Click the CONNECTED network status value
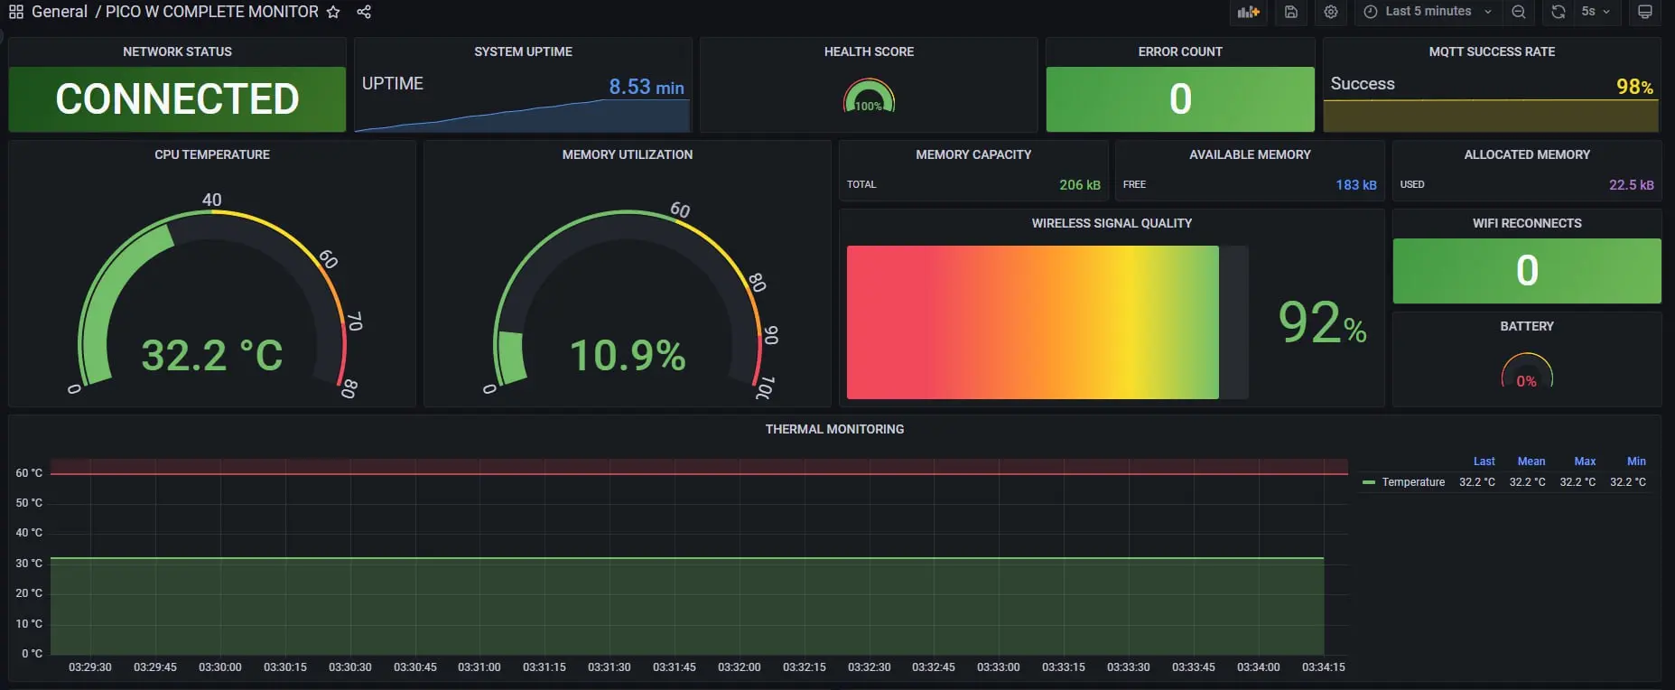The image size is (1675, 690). click(177, 99)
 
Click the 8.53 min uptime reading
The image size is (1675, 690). click(646, 87)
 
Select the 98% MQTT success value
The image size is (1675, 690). click(1634, 87)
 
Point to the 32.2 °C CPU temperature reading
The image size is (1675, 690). click(212, 355)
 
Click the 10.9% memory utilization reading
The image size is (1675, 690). click(628, 355)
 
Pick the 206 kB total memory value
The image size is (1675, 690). click(1079, 185)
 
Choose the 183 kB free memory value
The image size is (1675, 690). click(1355, 185)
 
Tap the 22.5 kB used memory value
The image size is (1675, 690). click(1631, 185)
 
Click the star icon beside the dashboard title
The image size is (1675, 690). click(333, 12)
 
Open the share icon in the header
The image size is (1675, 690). click(364, 12)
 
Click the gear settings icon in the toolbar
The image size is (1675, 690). click(1331, 12)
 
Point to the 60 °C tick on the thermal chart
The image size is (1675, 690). click(29, 473)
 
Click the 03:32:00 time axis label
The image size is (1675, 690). click(739, 667)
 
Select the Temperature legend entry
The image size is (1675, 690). click(1412, 482)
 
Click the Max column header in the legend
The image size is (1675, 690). click(1585, 462)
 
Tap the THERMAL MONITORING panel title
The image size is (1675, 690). click(834, 430)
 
